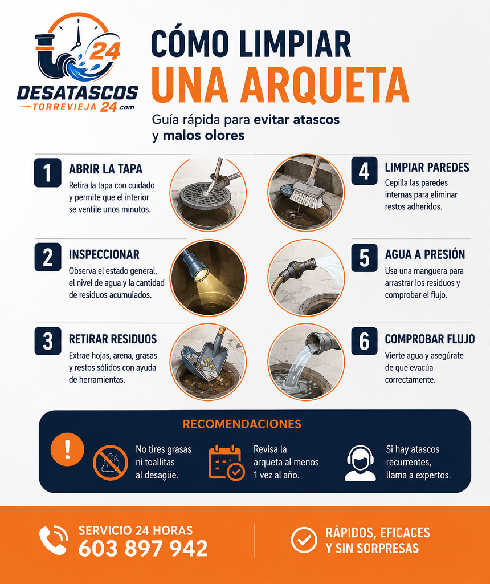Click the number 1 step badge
click(48, 172)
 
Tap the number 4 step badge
click(364, 171)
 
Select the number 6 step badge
click(364, 341)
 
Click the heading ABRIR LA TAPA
click(105, 169)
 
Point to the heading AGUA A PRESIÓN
click(425, 254)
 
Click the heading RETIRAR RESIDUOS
click(113, 339)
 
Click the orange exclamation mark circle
click(67, 449)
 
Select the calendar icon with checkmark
click(226, 462)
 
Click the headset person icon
click(360, 463)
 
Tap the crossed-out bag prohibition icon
click(111, 463)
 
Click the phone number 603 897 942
click(143, 549)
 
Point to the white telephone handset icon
click(54, 540)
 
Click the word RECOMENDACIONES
click(242, 424)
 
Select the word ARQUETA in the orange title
click(324, 85)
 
